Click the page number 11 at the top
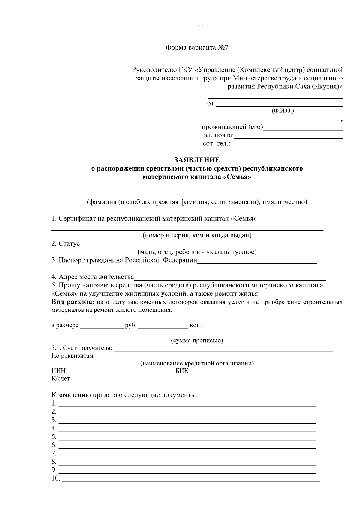coord(201,27)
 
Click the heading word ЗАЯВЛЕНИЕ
coord(197,160)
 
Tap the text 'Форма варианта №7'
coord(197,48)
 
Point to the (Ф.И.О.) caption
coord(283,111)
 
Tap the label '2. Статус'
coord(65,243)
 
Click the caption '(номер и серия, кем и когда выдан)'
coord(197,235)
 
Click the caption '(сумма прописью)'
coord(197,341)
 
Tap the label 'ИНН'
coord(58,371)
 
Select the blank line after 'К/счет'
coord(115,380)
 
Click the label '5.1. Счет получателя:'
coord(82,348)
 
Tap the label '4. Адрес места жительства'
coord(92,277)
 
